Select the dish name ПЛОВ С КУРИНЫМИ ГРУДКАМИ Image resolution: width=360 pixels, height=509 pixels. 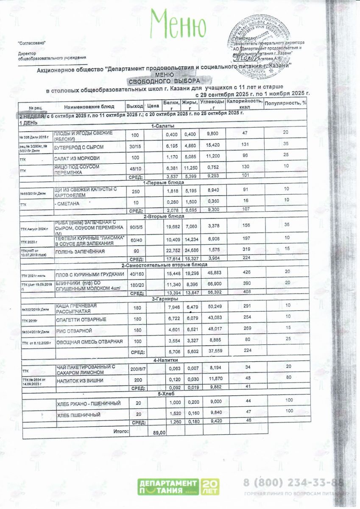click(x=89, y=275)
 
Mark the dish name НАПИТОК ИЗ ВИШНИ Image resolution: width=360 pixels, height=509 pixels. click(x=80, y=380)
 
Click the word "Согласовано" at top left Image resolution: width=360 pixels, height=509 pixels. click(x=31, y=43)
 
